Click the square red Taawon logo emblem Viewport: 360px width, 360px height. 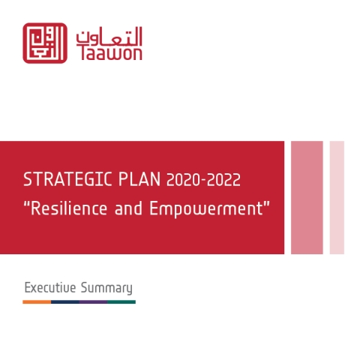point(45,43)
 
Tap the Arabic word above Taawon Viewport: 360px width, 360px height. point(109,36)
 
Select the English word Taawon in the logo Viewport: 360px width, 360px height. point(111,53)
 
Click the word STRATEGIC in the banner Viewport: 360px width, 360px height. point(67,179)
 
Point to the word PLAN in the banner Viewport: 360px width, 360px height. point(139,179)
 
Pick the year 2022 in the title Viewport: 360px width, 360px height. point(223,180)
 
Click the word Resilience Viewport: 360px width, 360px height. point(69,208)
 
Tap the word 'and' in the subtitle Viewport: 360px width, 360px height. point(128,208)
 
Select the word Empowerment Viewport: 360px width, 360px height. point(206,209)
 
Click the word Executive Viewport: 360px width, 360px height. point(50,287)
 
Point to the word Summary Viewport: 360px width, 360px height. point(106,288)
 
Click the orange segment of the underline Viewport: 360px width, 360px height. point(37,302)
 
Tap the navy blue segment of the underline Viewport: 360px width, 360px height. point(65,302)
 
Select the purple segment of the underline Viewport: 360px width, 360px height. point(94,302)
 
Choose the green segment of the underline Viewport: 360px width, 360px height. point(121,302)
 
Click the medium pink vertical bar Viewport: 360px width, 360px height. point(307,197)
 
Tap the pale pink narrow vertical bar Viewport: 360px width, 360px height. point(337,197)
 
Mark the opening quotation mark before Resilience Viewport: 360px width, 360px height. point(26,204)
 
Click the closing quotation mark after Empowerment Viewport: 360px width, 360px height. point(267,204)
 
